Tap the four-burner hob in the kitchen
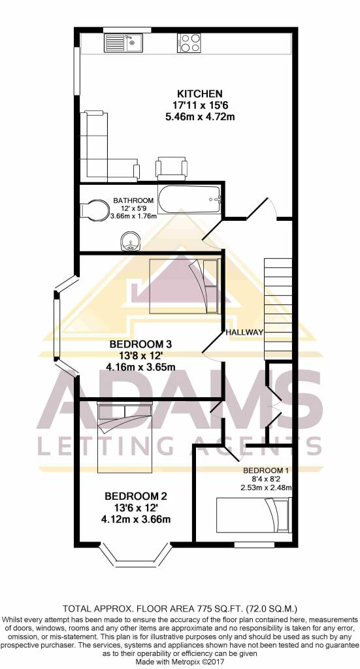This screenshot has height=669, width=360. pyautogui.click(x=188, y=43)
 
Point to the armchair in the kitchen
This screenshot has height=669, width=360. pyautogui.click(x=171, y=168)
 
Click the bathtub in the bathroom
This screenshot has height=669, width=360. pyautogui.click(x=190, y=199)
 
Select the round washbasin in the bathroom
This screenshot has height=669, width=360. pyautogui.click(x=131, y=242)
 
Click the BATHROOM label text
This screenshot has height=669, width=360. pyautogui.click(x=133, y=201)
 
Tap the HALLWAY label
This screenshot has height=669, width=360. pyautogui.click(x=244, y=333)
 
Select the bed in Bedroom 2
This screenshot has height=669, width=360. pyautogui.click(x=125, y=437)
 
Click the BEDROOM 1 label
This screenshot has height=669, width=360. pyautogui.click(x=267, y=470)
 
